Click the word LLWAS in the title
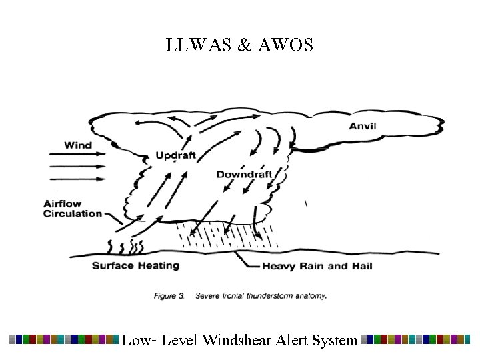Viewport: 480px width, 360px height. pos(194,46)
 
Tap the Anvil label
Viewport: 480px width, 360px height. pos(363,127)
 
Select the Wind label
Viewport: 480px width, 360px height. pos(78,145)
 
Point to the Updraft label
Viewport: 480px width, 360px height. pos(175,155)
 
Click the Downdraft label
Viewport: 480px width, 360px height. pos(244,175)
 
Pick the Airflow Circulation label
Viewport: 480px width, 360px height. pos(73,209)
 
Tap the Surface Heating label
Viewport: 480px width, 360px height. pos(135,265)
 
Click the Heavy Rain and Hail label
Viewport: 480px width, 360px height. pos(317,266)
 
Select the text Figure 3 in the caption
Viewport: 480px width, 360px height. pos(169,296)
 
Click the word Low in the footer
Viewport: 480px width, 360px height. pos(136,340)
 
